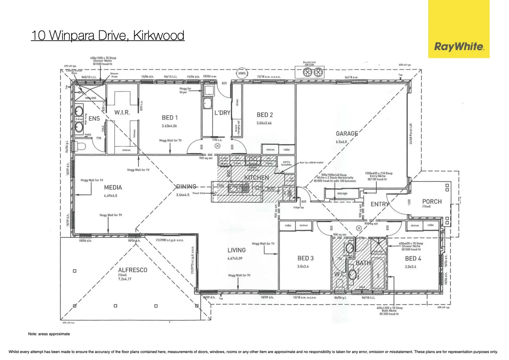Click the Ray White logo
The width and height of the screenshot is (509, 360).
coord(459,47)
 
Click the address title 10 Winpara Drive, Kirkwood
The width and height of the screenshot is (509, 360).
coord(108,35)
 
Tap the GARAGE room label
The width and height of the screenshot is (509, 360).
coord(347,134)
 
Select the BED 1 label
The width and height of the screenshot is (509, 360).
coord(170,118)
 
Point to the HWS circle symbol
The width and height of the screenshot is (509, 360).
coord(242,73)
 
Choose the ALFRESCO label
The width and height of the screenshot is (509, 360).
coord(133,270)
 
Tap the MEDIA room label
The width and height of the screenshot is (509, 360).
coord(113,188)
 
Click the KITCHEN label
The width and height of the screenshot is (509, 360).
coord(256,178)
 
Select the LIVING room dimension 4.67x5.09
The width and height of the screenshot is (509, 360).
coord(235,258)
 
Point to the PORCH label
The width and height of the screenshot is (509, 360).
coord(432,202)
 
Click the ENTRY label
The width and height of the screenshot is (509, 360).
coord(380,204)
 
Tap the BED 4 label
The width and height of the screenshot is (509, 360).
coord(413,259)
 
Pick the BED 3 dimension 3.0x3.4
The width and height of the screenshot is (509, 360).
coord(303,266)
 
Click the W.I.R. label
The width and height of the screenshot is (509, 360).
coord(122,113)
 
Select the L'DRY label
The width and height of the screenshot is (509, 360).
coord(222,113)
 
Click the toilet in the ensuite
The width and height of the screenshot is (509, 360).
coord(80,146)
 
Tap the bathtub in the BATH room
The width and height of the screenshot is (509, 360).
coord(378,273)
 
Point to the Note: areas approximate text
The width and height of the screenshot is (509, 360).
coord(49,334)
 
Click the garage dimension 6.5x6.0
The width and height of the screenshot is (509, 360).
coord(341,142)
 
